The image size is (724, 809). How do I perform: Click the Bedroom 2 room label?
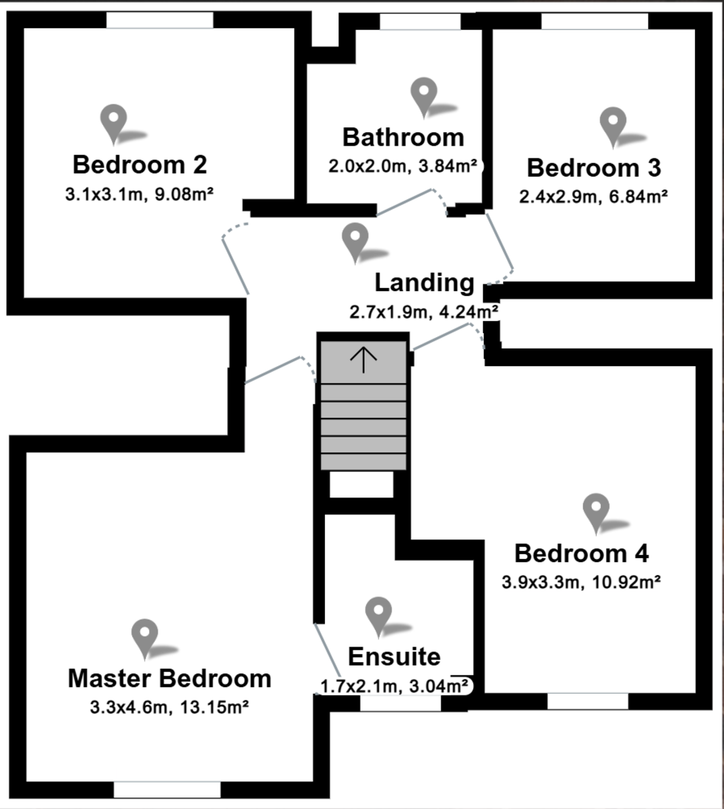pyautogui.click(x=140, y=164)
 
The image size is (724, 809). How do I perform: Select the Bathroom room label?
pyautogui.click(x=403, y=137)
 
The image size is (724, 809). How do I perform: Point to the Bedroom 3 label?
pyautogui.click(x=594, y=168)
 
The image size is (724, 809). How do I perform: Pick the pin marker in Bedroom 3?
pyautogui.click(x=613, y=125)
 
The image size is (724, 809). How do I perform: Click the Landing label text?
pyautogui.click(x=424, y=282)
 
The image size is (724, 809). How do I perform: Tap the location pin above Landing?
pyautogui.click(x=355, y=241)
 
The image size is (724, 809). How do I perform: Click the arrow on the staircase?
pyautogui.click(x=363, y=359)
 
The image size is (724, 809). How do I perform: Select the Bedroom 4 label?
pyautogui.click(x=581, y=553)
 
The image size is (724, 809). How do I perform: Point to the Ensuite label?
pyautogui.click(x=394, y=656)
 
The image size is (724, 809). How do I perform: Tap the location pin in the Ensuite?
pyautogui.click(x=378, y=614)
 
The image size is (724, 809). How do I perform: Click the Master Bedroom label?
pyautogui.click(x=169, y=678)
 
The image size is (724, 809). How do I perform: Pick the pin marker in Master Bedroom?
pyautogui.click(x=145, y=636)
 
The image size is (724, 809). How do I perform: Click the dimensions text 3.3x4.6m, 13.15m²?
pyautogui.click(x=169, y=708)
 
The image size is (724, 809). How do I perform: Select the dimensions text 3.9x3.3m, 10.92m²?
pyautogui.click(x=580, y=582)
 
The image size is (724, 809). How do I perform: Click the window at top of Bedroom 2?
pyautogui.click(x=160, y=20)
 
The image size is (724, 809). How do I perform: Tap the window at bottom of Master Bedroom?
pyautogui.click(x=167, y=789)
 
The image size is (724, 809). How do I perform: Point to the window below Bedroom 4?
pyautogui.click(x=587, y=701)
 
